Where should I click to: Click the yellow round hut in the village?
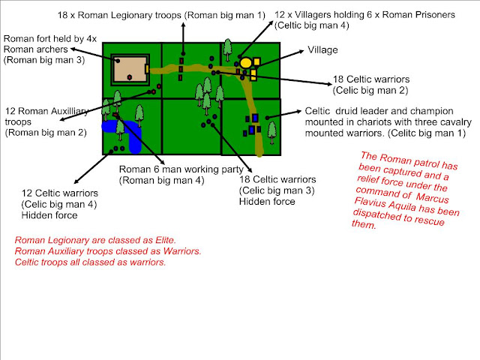(x=245, y=62)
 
